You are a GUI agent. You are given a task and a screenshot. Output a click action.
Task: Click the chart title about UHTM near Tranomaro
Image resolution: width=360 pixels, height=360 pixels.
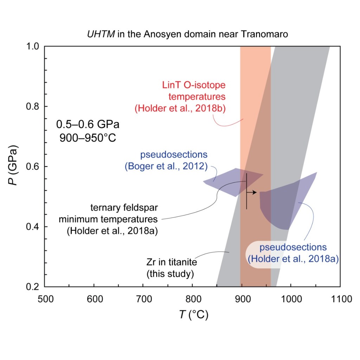tap(192, 35)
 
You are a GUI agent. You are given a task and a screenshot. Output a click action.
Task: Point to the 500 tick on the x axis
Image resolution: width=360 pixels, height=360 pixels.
tap(45, 299)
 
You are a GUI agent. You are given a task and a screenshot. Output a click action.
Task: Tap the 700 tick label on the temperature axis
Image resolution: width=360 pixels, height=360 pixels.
tap(143, 299)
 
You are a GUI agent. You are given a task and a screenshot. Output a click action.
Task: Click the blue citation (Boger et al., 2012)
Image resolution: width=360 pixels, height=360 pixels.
tap(165, 166)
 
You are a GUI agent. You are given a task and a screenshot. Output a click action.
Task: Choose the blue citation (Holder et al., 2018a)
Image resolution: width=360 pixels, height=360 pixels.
tap(293, 259)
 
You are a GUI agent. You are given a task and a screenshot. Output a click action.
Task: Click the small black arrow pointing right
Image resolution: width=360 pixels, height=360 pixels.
tap(252, 192)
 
